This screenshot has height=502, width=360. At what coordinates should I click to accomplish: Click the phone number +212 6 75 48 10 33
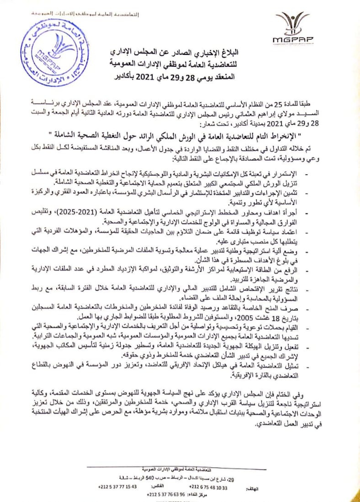[x=208, y=487]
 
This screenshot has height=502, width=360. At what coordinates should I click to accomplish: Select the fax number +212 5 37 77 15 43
[x=117, y=487]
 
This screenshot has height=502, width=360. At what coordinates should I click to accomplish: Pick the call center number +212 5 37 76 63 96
[x=166, y=495]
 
